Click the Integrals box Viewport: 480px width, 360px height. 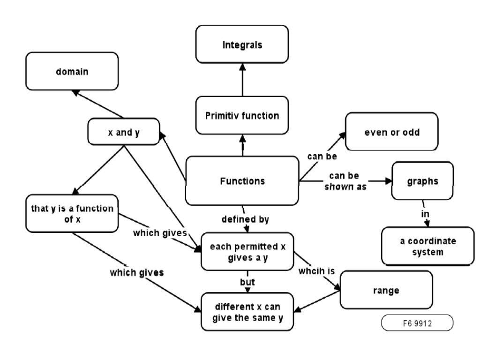242,45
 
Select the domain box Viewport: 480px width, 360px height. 72,71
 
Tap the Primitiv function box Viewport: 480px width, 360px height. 242,115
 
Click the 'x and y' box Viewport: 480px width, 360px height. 124,133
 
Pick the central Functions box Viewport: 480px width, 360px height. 242,181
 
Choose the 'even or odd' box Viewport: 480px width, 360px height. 392,132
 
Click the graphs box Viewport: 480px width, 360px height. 422,181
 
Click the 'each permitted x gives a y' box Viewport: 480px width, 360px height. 247,252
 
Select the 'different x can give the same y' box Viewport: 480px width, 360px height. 247,313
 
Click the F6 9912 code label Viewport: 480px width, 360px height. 417,323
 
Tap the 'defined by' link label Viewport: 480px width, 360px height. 245,219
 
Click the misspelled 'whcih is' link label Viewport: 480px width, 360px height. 317,270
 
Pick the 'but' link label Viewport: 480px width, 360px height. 247,282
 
